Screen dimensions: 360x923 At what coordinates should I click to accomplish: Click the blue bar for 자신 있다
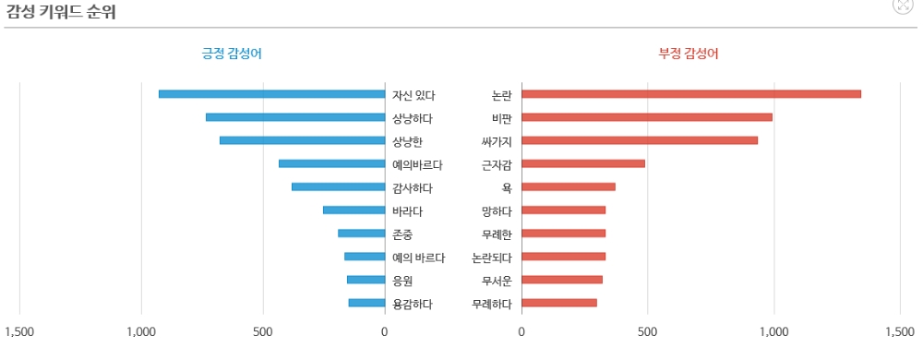271,94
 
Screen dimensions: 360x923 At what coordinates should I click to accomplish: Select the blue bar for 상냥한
302,140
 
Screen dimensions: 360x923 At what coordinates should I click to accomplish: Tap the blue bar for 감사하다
338,187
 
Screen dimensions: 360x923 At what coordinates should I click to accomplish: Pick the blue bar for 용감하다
366,303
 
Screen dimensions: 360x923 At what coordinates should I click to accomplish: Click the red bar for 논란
691,94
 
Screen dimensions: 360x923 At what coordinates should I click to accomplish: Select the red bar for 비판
647,117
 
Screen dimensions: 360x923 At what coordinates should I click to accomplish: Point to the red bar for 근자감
583,164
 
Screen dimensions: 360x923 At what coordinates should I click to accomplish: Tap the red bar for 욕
569,187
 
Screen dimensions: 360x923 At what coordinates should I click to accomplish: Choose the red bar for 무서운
562,280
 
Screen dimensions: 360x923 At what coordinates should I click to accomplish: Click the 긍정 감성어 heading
232,54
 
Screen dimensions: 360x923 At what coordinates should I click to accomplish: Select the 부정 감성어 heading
689,54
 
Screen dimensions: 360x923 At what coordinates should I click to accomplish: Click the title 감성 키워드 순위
60,13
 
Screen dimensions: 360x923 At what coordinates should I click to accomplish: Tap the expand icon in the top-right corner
903,5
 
